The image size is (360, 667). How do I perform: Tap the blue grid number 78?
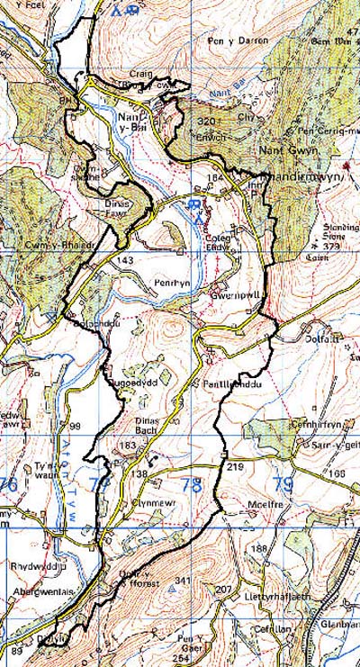191,486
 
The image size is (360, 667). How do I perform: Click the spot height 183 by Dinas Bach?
129,446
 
